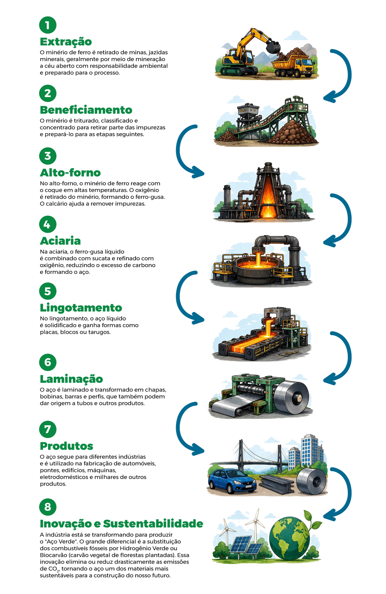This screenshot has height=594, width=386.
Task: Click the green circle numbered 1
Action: tap(48, 25)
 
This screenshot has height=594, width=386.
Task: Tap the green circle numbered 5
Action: tap(48, 291)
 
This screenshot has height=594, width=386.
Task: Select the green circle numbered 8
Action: tap(48, 507)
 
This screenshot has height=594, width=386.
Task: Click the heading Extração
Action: tap(66, 42)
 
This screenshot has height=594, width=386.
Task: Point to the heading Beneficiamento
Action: tap(86, 110)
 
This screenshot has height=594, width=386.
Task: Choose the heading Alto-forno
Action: tap(70, 173)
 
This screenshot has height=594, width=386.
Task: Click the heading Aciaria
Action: tap(60, 241)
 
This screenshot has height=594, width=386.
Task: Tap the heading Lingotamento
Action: tap(81, 308)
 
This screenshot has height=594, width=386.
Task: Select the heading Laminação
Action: tap(71, 379)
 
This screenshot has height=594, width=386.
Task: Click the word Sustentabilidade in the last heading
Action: tap(153, 524)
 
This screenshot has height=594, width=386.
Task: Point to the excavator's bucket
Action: tap(273, 47)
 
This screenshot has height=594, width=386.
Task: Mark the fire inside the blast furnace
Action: tap(268, 202)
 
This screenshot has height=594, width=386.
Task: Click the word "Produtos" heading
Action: tap(66, 446)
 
